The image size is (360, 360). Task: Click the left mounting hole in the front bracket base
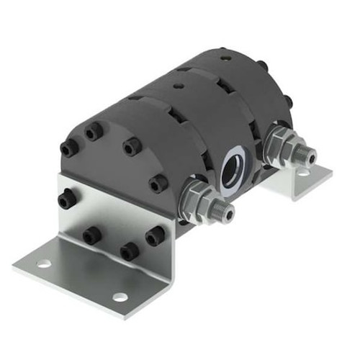pos(44,264)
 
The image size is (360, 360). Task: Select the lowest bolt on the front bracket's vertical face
pos(129,251)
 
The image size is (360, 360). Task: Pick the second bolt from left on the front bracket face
pos(91,235)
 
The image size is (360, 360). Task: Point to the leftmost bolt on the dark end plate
pos(68,148)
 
